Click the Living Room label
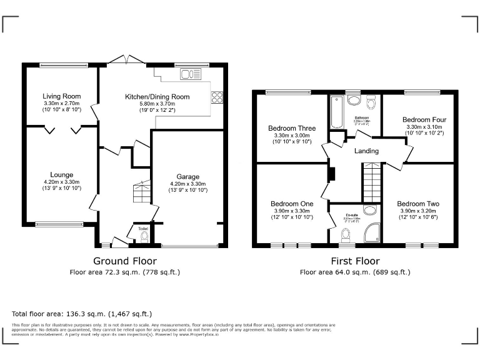tap(61, 96)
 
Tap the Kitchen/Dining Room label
tap(157, 97)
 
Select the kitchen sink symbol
tap(188, 75)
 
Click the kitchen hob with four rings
tap(218, 97)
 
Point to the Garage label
tap(187, 177)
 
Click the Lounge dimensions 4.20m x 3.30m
tap(61, 182)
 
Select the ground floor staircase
tap(142, 194)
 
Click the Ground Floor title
tap(125, 261)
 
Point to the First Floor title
tap(355, 261)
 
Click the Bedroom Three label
tap(292, 128)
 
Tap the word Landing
tap(366, 151)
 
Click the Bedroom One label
tap(292, 204)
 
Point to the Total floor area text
tap(82, 313)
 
